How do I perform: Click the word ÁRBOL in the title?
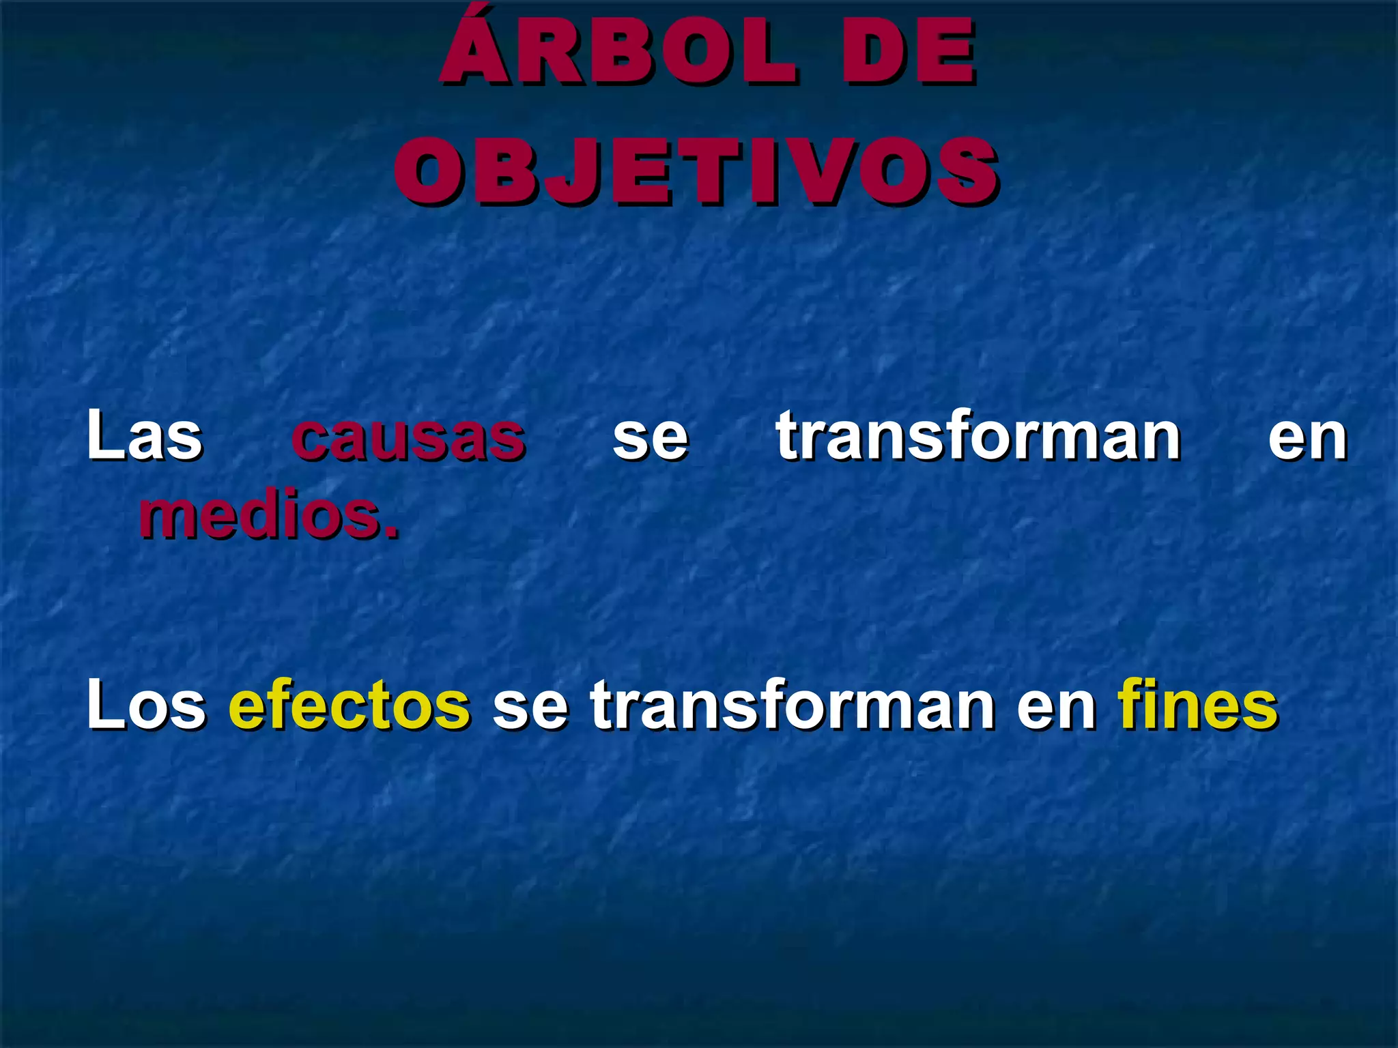click(618, 55)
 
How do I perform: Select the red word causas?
click(408, 437)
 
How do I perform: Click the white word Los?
click(145, 704)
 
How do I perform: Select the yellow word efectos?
click(349, 704)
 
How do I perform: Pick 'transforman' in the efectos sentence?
click(792, 704)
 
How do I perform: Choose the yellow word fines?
click(1197, 704)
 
